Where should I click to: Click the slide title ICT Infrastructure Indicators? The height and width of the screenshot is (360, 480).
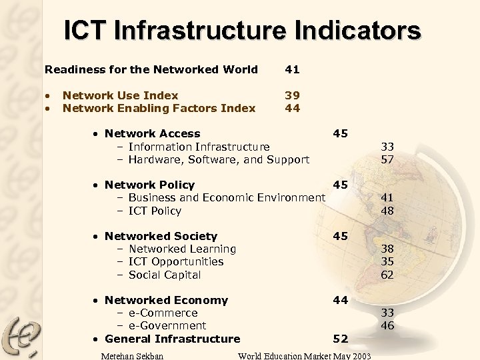coord(242,31)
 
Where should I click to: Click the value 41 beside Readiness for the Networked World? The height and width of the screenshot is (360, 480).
coord(292,69)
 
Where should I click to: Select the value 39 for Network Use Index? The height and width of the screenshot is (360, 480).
coord(292,95)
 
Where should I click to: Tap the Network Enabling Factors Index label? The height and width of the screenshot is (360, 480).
coord(159,108)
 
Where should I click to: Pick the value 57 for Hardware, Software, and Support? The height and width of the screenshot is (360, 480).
coord(387,159)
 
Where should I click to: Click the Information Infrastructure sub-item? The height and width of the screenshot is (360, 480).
coord(199,147)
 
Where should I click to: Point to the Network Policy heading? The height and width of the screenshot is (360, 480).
coord(149,185)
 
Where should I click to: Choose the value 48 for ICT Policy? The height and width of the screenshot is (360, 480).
coord(387,211)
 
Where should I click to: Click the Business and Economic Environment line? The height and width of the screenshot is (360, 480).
coord(226,197)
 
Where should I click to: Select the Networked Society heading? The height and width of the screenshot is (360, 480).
coord(161,236)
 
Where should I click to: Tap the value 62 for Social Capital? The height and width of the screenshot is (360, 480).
coord(387,275)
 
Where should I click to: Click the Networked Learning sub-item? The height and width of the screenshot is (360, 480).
coord(181,249)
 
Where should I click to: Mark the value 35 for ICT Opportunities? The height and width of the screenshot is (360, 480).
coord(387,261)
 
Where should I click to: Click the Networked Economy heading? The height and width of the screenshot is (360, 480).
coord(166,300)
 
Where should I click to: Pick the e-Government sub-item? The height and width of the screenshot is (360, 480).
coord(167,325)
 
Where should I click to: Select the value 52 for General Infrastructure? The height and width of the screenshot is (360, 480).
coord(340,339)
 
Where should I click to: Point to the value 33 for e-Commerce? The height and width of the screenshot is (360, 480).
coord(387,313)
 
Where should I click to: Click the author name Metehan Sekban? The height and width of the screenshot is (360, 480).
coord(131,355)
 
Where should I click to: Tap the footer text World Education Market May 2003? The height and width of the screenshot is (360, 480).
coord(304,355)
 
